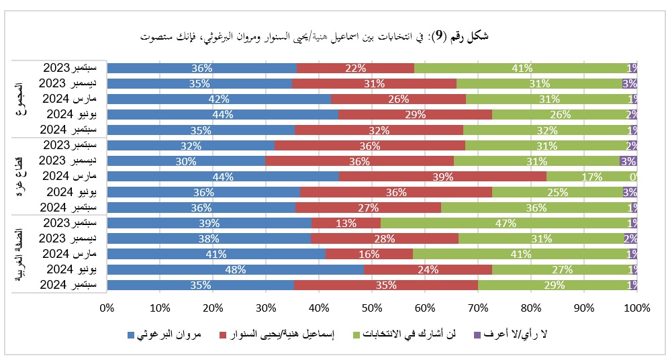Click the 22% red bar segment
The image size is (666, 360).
pyautogui.click(x=355, y=68)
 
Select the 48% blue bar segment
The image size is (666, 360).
pyautogui.click(x=235, y=269)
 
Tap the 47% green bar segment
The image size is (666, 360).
pyautogui.click(x=508, y=223)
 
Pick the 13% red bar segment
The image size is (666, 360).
pyautogui.click(x=346, y=223)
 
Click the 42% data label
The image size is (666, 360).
pyautogui.click(x=219, y=99)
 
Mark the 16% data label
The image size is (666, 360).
pyautogui.click(x=369, y=254)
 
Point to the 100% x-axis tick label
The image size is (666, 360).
pyautogui.click(x=636, y=308)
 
